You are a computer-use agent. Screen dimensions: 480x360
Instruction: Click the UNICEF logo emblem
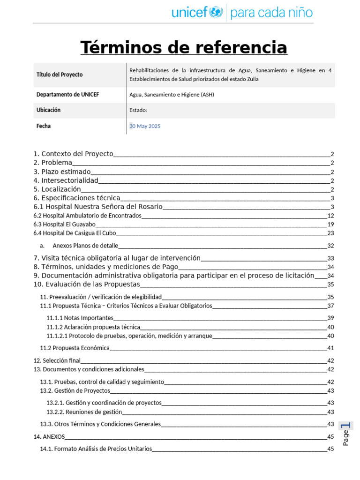pos(216,12)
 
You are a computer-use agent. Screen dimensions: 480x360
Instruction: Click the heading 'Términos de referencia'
pos(184,47)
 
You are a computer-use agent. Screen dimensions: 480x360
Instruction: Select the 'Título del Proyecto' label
pos(60,75)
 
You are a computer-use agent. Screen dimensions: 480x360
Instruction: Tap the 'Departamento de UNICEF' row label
pos(67,95)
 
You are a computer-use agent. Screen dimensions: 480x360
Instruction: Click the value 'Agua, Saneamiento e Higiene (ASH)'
pos(172,95)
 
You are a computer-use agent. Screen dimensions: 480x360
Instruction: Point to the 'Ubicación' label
pos(48,110)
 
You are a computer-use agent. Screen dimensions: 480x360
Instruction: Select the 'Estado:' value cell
pos(138,110)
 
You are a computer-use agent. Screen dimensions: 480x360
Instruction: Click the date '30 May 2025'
pos(145,126)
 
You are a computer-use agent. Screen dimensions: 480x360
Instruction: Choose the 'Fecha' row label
pos(44,126)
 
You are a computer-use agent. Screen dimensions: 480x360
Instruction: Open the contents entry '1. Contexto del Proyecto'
pos(74,154)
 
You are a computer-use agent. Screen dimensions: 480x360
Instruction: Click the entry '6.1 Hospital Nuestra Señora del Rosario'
pos(98,207)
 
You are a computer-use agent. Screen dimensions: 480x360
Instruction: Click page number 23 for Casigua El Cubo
pos(330,233)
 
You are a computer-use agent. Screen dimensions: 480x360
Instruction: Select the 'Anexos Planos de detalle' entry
pos(85,246)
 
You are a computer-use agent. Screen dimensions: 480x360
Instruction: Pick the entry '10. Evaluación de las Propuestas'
pos(87,284)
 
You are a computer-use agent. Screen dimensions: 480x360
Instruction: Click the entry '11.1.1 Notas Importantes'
pos(80,318)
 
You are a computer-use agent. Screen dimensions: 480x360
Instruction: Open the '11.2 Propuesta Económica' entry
pos(75,348)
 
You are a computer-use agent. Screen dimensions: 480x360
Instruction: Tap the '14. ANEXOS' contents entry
pos(49,436)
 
